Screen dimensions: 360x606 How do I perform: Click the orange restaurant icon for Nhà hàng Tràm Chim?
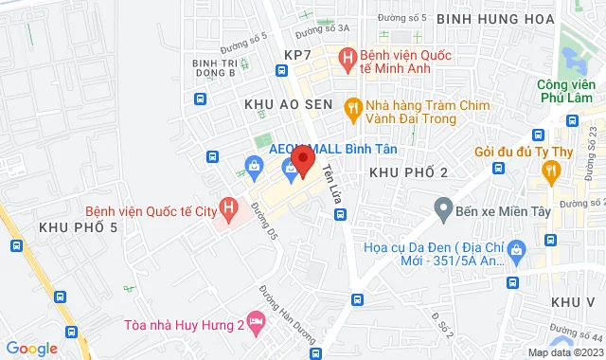pyautogui.click(x=353, y=107)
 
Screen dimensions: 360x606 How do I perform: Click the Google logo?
pyautogui.click(x=31, y=348)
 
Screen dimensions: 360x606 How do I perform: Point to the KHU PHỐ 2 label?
pyautogui.click(x=407, y=171)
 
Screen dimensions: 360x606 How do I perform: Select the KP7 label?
pyautogui.click(x=297, y=55)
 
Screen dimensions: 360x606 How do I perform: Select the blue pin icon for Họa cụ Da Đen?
pyautogui.click(x=516, y=250)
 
